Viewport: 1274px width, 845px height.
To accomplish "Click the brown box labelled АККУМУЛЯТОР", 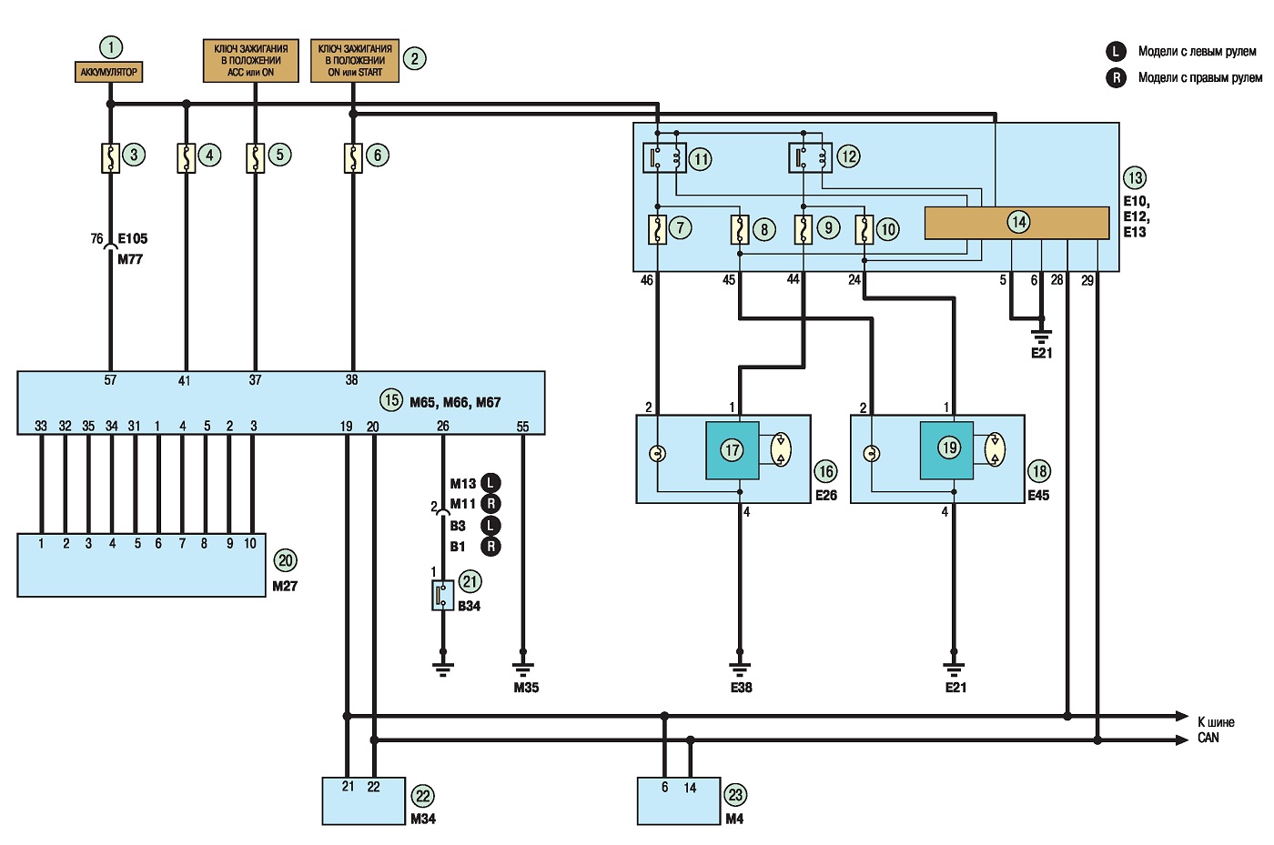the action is coord(108,72).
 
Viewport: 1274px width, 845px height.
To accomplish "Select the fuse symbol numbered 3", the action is coord(110,158).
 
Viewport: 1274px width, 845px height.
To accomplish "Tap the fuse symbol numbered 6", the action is coord(353,158).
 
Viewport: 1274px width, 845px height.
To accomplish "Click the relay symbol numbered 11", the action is coord(664,157).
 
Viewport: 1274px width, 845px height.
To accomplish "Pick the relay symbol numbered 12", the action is coord(811,157).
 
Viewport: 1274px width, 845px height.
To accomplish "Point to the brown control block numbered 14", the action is coord(1016,223).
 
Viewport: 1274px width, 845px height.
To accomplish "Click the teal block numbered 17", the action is coord(732,450).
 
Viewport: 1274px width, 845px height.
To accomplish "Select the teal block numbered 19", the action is coord(946,450).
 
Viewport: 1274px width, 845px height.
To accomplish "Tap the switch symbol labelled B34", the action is coord(442,596).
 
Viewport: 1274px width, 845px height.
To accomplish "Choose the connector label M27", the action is coord(284,587).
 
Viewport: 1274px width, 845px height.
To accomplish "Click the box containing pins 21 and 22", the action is coord(363,800).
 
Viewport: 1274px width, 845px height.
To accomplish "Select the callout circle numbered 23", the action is coord(735,795).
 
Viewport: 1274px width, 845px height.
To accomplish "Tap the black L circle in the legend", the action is coord(1116,51).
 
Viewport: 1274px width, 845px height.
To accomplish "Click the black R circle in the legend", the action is coord(1116,77).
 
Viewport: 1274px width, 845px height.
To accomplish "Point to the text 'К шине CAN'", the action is coord(1216,729).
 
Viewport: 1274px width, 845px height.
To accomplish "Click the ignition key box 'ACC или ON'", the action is coord(251,60).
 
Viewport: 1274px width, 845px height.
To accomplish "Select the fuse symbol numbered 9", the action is coord(803,230).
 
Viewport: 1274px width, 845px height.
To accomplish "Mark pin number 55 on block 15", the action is coord(522,426).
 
